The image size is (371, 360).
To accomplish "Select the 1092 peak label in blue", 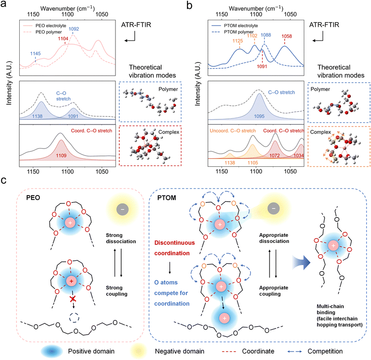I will pos(75,29).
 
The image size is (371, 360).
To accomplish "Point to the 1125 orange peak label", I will pos(238,41).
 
